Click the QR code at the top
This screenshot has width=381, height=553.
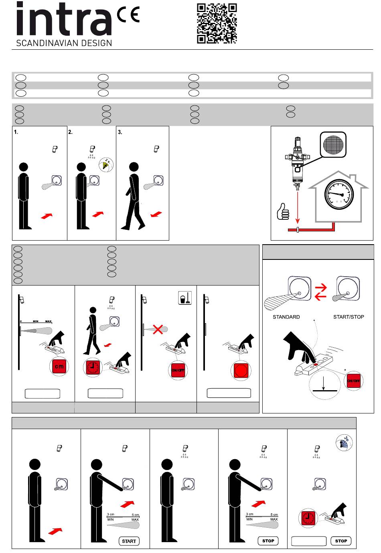tap(217, 23)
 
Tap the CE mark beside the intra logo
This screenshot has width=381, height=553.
tap(128, 14)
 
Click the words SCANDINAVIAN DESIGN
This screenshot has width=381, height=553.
tap(64, 43)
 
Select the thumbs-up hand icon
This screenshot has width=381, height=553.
tap(283, 211)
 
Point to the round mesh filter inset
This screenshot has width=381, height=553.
tap(333, 145)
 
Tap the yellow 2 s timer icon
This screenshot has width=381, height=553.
tap(106, 164)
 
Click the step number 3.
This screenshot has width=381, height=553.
tap(120, 132)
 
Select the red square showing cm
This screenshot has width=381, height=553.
tap(59, 367)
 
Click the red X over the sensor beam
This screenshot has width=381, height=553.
tap(158, 329)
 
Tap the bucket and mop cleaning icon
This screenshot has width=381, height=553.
tap(185, 298)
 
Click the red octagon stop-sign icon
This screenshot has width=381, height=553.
tap(241, 370)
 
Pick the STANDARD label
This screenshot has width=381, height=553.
tap(286, 317)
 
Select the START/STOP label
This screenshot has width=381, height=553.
tap(349, 317)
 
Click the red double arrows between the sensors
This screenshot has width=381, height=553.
tap(321, 292)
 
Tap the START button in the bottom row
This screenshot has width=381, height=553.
tap(129, 541)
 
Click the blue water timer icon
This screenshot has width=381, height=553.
tap(344, 443)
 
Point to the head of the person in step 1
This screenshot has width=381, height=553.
tap(23, 167)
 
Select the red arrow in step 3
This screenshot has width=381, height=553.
tap(156, 214)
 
